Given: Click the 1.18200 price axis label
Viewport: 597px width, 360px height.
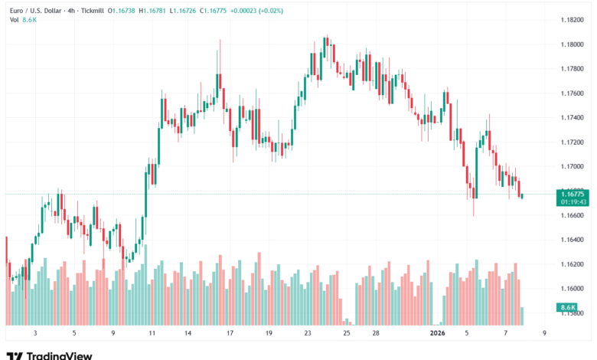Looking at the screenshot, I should (572, 20).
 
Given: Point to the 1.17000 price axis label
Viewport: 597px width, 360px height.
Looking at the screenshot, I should (572, 166).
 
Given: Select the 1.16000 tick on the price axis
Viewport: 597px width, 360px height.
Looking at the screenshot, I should (572, 289).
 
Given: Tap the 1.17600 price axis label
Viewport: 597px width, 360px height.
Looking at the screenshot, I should (572, 93).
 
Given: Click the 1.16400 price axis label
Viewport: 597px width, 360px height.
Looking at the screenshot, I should (572, 240).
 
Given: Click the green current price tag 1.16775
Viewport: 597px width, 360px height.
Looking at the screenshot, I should (572, 195).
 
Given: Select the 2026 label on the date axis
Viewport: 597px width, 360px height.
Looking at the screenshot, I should (438, 333).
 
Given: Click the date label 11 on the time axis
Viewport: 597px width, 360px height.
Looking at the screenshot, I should (152, 333).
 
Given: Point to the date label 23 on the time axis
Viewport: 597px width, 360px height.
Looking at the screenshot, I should (308, 333).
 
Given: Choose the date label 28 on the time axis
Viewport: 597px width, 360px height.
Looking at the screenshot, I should (376, 333).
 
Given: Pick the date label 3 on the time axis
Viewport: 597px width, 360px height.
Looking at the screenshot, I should (35, 333).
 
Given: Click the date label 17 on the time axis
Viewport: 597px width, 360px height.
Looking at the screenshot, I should (230, 333).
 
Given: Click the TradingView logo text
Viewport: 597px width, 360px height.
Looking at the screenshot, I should (59, 355).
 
